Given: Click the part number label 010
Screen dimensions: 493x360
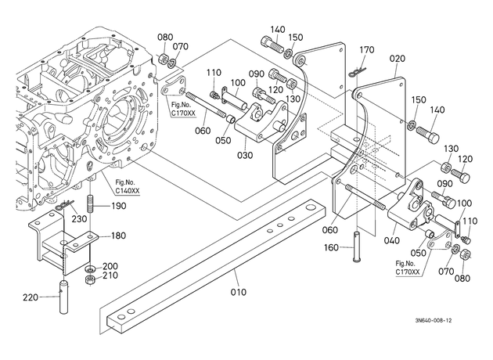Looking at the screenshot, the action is click(x=239, y=292).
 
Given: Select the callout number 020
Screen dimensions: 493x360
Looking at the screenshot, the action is click(x=398, y=59).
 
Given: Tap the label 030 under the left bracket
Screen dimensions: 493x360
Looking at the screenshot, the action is click(x=245, y=155).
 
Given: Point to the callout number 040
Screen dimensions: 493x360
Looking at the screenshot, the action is click(x=392, y=240).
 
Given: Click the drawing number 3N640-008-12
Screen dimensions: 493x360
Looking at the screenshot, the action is click(x=434, y=320).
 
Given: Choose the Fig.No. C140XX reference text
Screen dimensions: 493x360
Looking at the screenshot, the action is click(x=128, y=186).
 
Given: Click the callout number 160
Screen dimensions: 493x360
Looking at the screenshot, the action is click(x=331, y=248).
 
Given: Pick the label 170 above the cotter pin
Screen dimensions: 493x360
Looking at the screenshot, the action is click(x=367, y=49).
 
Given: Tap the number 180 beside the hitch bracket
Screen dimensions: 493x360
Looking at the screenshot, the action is click(x=118, y=236).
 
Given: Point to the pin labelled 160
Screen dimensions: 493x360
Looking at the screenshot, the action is click(x=357, y=247).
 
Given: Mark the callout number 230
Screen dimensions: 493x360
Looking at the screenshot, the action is click(x=79, y=218).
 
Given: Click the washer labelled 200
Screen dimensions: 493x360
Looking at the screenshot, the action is click(x=91, y=269).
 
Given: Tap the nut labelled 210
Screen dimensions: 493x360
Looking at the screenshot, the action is click(x=91, y=279).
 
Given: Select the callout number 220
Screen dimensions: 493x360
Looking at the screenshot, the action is click(x=31, y=297).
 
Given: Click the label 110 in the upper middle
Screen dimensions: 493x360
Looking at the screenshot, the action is click(x=214, y=73).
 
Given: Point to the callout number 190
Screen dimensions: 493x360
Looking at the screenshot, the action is click(x=119, y=206).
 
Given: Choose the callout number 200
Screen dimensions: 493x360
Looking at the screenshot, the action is click(x=110, y=266).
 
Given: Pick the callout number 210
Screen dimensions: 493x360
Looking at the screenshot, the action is click(x=110, y=275).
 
